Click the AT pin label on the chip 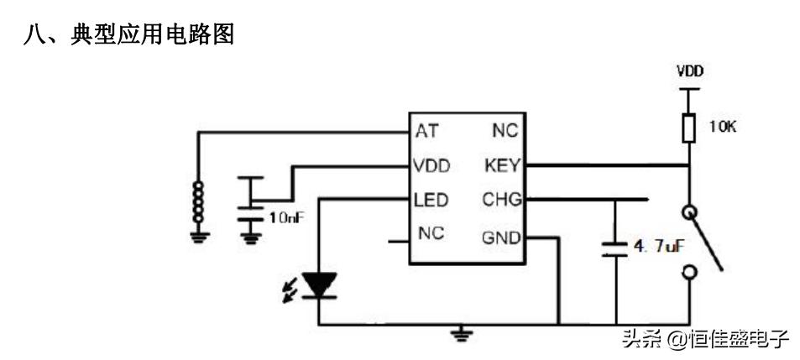[426, 131]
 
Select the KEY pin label [502, 165]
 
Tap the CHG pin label [502, 201]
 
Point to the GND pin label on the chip [501, 237]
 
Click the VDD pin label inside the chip [431, 165]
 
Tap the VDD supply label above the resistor [689, 71]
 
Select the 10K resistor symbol [689, 128]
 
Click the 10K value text [721, 128]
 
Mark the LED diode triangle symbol [320, 284]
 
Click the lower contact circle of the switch [689, 271]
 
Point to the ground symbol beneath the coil [199, 236]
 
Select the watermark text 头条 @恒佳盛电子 [704, 339]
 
